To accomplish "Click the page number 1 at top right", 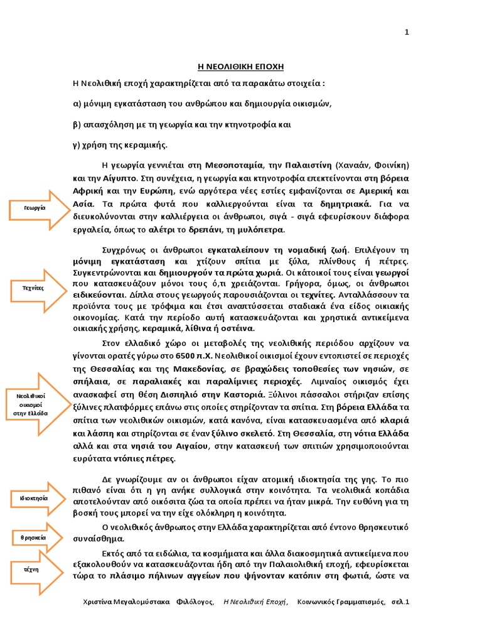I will click(407, 33).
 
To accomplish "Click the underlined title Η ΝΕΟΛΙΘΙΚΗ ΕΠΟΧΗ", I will click(242, 67).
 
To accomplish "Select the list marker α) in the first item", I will click(78, 104).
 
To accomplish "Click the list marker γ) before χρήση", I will click(77, 144).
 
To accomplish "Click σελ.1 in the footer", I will click(399, 602).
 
